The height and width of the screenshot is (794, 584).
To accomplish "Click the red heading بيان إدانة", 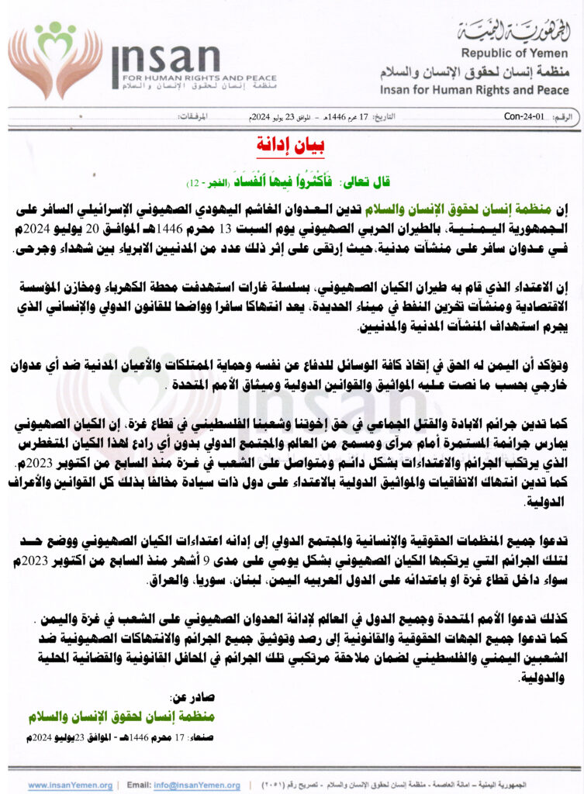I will (292, 145).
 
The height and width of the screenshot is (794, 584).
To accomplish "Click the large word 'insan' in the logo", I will (166, 57).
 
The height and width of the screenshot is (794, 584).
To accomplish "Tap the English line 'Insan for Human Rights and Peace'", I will (474, 91).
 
